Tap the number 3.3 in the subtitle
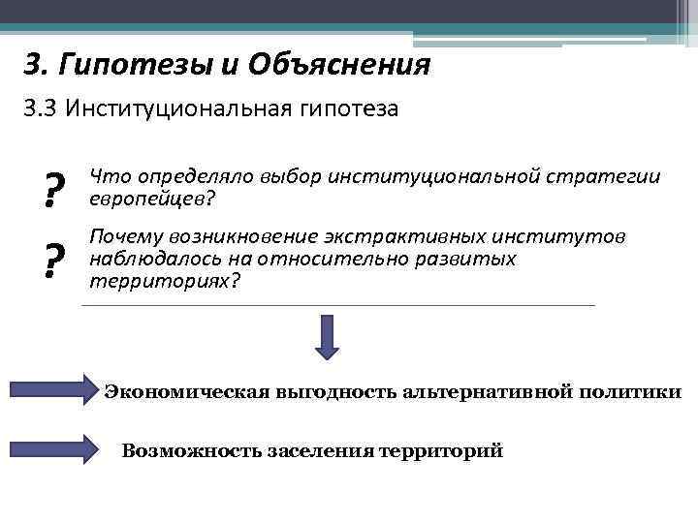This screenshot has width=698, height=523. point(42,109)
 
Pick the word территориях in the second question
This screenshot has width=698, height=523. point(160,281)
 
